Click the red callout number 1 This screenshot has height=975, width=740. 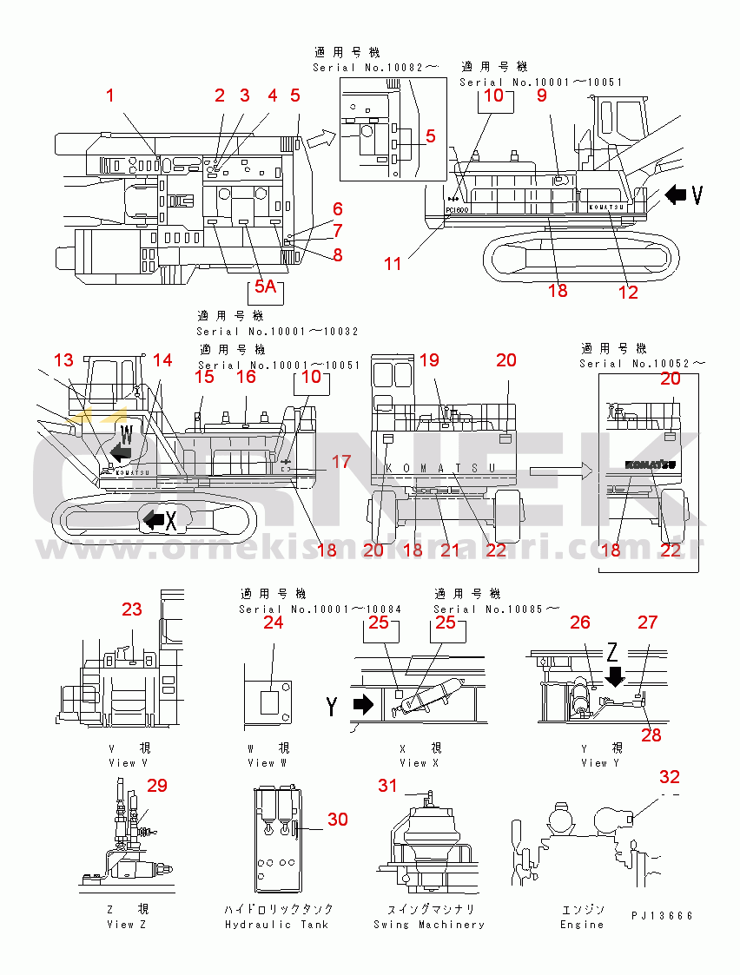tap(110, 96)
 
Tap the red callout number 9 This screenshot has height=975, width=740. tap(541, 96)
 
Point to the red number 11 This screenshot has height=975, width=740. tap(393, 263)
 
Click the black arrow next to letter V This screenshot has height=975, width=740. tap(674, 196)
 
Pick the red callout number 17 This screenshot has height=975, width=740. tap(342, 463)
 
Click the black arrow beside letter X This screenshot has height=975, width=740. tap(154, 519)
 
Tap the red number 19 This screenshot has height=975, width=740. tap(430, 360)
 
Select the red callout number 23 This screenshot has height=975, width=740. tap(131, 609)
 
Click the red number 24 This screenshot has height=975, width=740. tap(273, 623)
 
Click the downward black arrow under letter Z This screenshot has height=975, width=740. tap(616, 675)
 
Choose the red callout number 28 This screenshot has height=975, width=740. tap(651, 735)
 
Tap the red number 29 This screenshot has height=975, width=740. tap(156, 786)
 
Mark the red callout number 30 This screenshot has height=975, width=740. tap(337, 819)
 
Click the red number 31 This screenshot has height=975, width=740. tap(387, 786)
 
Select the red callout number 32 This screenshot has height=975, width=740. tap(670, 777)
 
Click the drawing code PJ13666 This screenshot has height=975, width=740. tap(663, 916)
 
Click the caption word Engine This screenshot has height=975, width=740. tap(582, 925)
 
